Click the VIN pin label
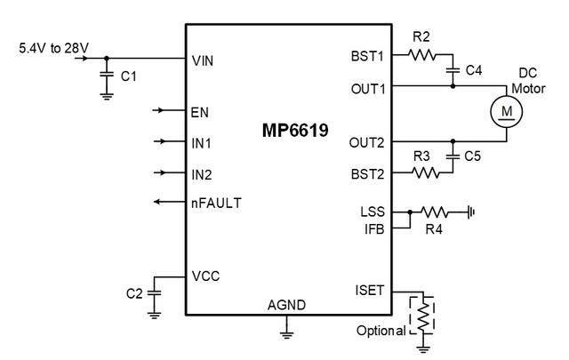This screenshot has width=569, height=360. click(204, 61)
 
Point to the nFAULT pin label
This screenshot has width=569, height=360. click(216, 203)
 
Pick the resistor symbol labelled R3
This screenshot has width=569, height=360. click(425, 173)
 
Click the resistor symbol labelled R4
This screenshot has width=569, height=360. click(437, 212)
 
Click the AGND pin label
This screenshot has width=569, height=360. click(286, 305)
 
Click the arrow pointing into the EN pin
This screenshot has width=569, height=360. click(165, 111)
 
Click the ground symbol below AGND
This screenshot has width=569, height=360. click(286, 334)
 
